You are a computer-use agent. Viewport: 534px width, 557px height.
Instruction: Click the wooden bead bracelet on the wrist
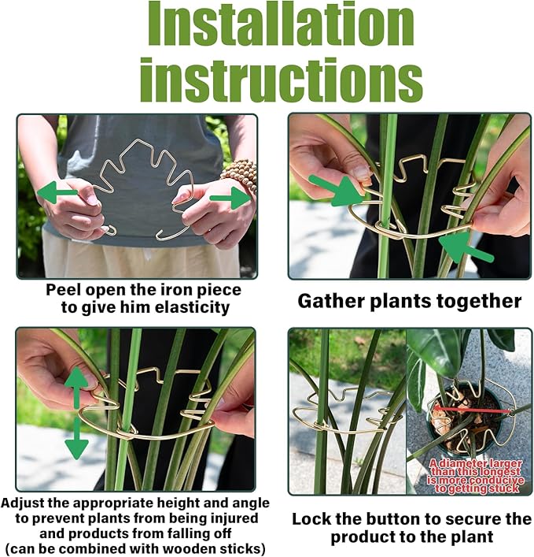point(241,175)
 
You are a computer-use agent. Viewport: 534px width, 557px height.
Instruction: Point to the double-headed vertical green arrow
point(76,413)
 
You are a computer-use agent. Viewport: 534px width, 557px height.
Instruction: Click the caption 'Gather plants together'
point(409,301)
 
